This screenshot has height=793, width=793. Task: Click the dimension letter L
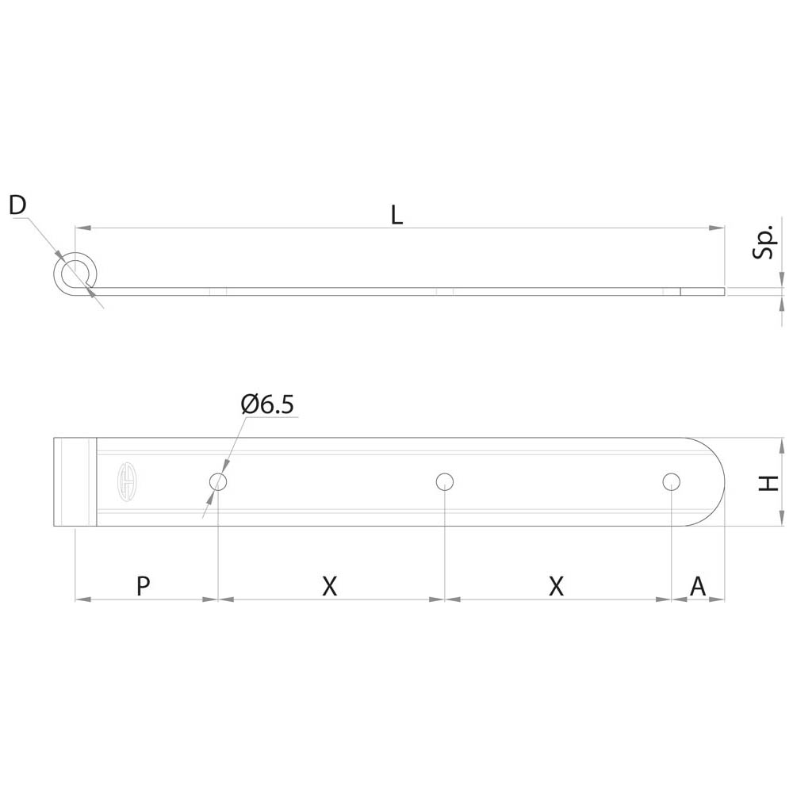397,216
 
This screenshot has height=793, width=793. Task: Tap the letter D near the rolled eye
17,205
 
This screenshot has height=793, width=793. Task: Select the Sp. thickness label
764,242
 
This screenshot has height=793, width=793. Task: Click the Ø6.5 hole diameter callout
267,404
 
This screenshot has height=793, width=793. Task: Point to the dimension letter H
768,484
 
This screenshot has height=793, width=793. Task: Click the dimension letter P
143,585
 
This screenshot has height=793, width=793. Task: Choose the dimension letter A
698,586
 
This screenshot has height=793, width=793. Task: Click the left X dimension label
329,586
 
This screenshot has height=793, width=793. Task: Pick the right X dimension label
556,586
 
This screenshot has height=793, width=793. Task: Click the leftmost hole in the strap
218,481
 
